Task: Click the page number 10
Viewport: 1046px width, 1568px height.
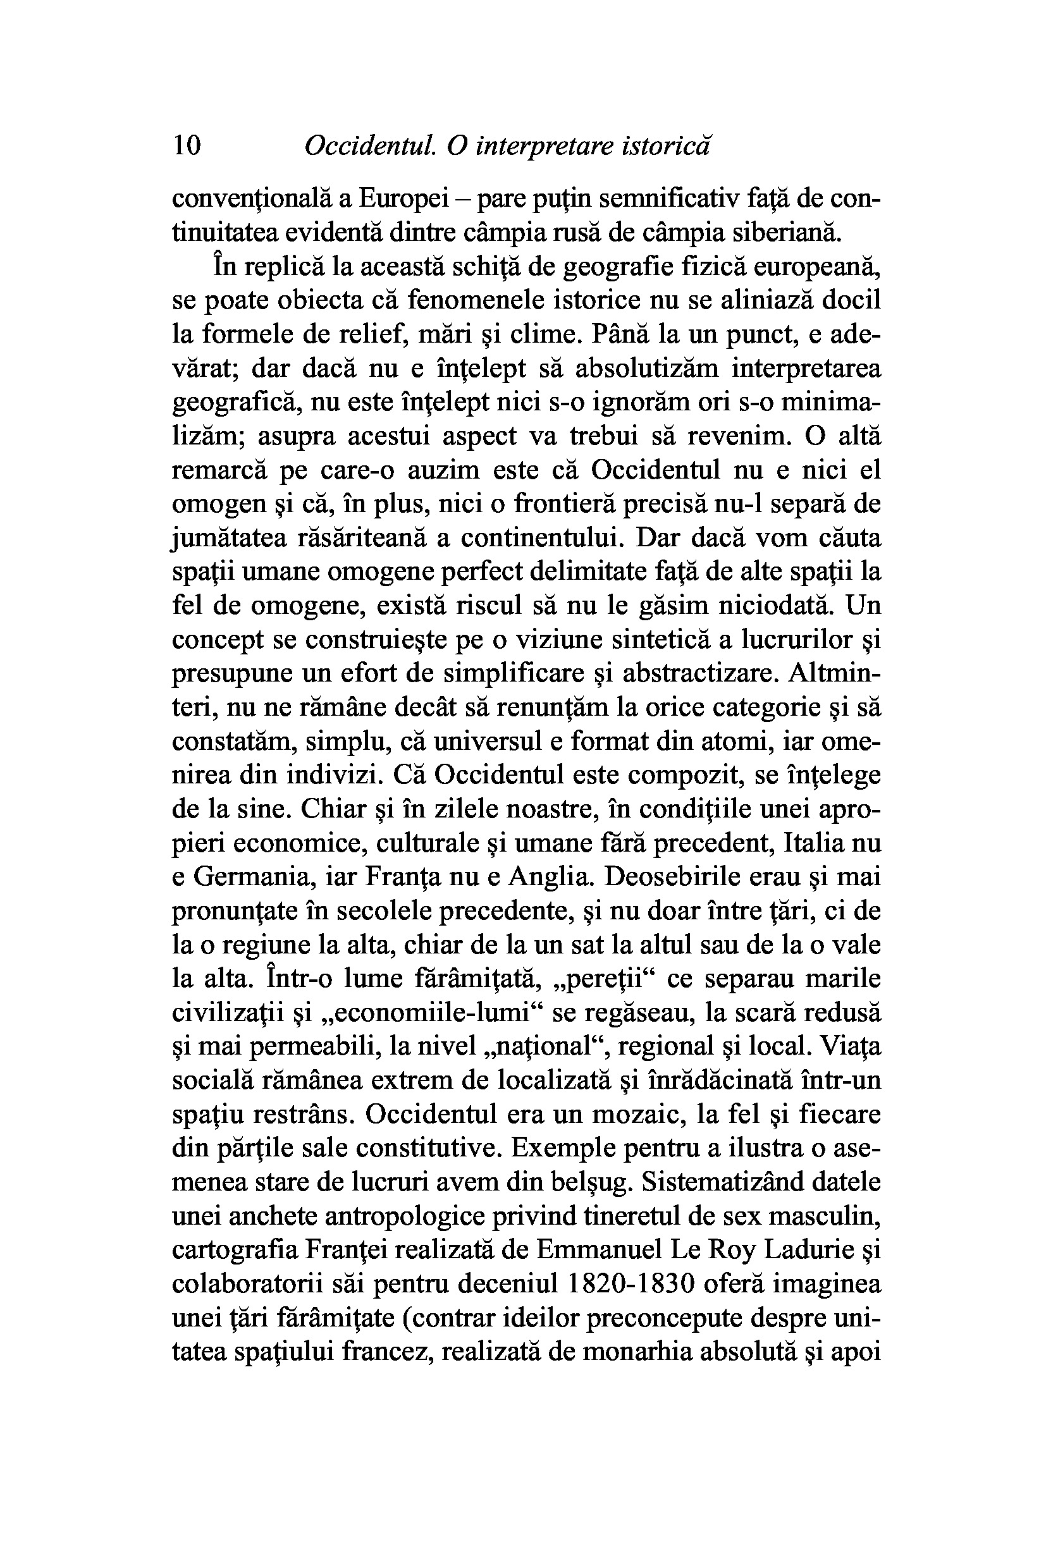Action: (x=186, y=145)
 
